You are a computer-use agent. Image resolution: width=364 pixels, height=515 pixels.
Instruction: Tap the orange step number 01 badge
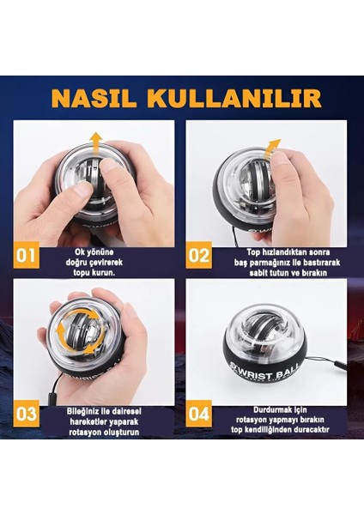tap(27, 255)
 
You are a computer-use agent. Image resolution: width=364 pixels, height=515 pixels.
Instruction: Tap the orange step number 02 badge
tap(198, 255)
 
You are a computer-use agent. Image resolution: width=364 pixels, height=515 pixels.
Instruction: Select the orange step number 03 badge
tap(27, 413)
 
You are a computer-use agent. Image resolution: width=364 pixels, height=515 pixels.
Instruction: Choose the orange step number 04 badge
tap(198, 413)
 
